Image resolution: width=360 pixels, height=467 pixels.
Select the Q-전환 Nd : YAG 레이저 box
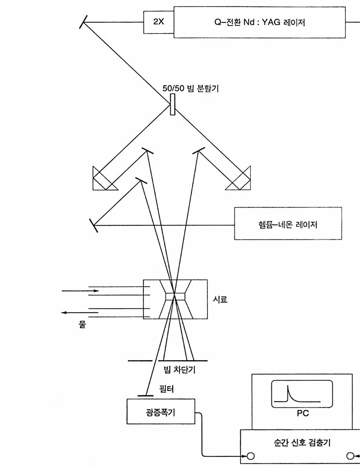click(x=260, y=22)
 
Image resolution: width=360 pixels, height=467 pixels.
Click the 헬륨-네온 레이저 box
click(x=288, y=223)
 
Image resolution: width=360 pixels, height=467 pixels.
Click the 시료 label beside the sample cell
click(x=222, y=299)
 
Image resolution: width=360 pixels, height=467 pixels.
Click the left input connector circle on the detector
click(x=250, y=457)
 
